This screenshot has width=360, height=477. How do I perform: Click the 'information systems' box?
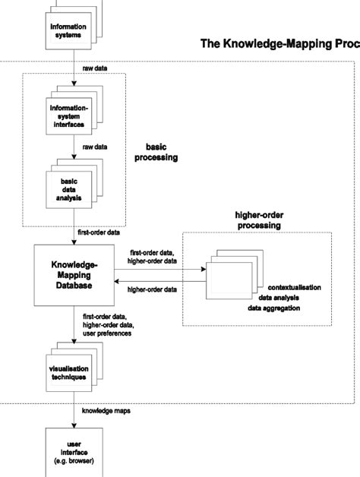68,30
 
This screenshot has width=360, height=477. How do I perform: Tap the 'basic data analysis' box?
68,186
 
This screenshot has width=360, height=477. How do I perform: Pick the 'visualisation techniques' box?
68,372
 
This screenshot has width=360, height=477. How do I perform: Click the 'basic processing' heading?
161,152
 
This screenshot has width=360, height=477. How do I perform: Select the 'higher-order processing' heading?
258,220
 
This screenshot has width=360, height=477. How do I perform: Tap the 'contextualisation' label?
294,288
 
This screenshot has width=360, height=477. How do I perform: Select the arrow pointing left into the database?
159,281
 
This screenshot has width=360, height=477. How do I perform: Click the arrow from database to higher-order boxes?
159,267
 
